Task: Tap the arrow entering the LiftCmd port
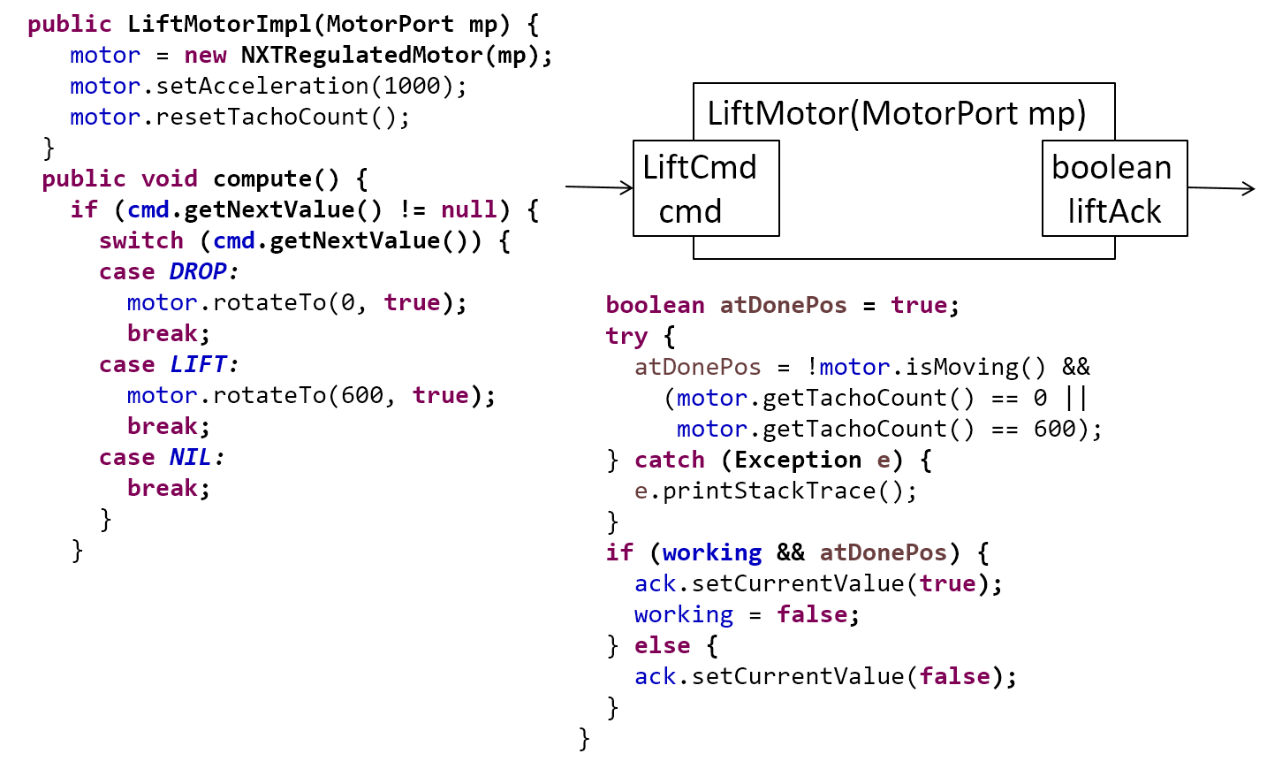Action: [x=599, y=187]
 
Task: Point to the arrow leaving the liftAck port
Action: [x=1222, y=188]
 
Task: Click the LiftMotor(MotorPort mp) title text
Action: [x=897, y=113]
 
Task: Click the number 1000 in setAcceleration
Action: [x=412, y=86]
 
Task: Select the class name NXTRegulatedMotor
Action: [x=361, y=56]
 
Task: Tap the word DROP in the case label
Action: [x=198, y=271]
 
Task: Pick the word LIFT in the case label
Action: [x=198, y=364]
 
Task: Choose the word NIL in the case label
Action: [x=191, y=457]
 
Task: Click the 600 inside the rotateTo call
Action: [x=362, y=395]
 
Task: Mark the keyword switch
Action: [x=141, y=241]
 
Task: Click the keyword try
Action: [x=626, y=336]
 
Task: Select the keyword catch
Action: [x=670, y=460]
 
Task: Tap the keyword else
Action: [x=663, y=645]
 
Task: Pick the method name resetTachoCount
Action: [x=262, y=118]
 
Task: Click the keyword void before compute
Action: [x=170, y=179]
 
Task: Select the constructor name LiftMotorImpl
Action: [x=220, y=25]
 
